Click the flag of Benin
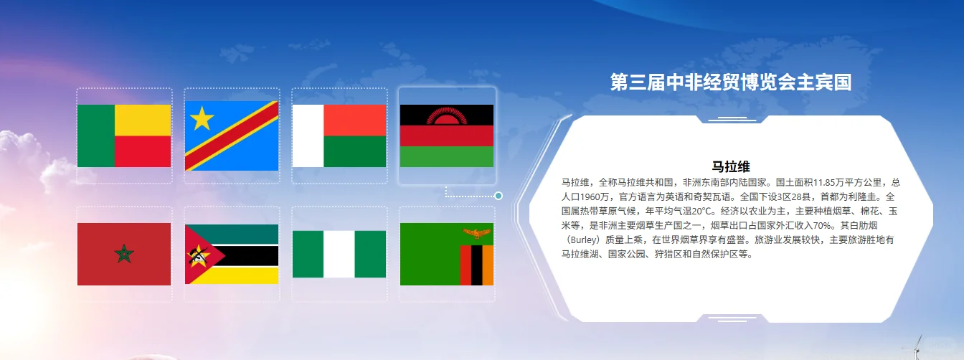tap(124, 136)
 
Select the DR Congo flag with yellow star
tap(232, 136)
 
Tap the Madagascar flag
tap(339, 136)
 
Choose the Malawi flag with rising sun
tap(446, 136)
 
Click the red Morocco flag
tap(124, 254)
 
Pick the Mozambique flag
tap(232, 254)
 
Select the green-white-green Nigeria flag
tap(339, 254)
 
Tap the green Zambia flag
tap(446, 254)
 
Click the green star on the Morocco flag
tap(124, 253)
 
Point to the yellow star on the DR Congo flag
tap(202, 118)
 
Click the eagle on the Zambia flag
tap(477, 233)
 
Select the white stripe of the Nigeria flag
tap(339, 254)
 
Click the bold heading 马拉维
tap(731, 167)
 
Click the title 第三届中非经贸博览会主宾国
tap(730, 82)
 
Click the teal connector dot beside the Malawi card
tap(498, 196)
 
